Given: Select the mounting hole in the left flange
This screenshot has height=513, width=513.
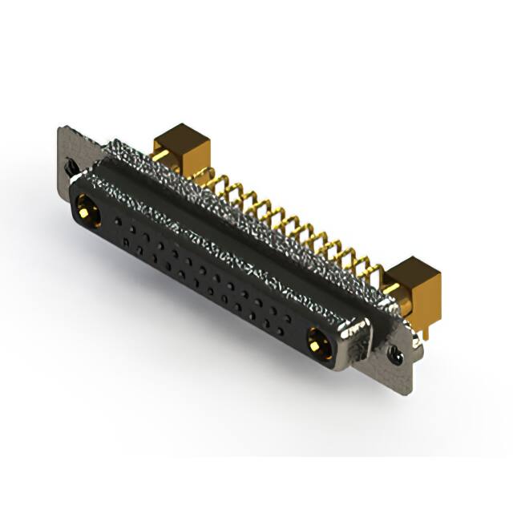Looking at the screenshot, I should tap(71, 166).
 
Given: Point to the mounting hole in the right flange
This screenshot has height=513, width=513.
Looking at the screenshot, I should tap(395, 351).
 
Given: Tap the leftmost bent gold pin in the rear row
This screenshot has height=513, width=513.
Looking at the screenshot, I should tap(210, 178).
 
